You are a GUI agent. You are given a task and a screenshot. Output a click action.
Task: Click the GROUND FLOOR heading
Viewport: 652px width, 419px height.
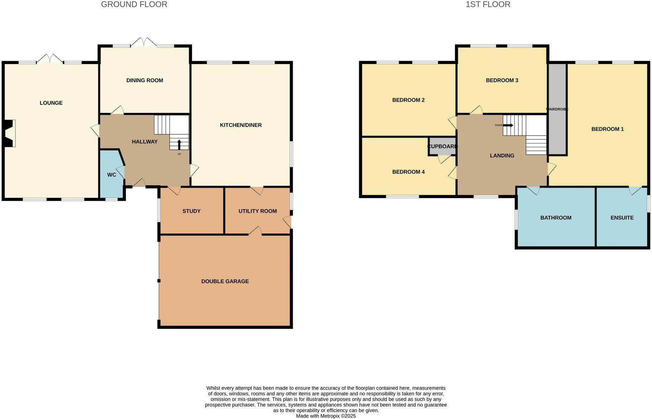click(x=134, y=5)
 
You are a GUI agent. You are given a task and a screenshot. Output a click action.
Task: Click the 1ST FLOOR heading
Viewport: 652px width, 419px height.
click(x=488, y=5)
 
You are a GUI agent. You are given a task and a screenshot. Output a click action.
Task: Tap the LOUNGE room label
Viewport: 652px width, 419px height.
click(x=51, y=103)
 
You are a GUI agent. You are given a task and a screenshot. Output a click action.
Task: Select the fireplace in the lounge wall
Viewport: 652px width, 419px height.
click(x=10, y=133)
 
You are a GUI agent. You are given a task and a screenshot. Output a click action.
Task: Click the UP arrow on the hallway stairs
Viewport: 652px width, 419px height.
click(x=179, y=144)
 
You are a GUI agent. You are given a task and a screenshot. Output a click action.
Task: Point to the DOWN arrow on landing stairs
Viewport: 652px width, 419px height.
click(x=508, y=125)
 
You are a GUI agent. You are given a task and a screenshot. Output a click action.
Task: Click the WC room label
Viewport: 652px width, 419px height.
click(x=112, y=175)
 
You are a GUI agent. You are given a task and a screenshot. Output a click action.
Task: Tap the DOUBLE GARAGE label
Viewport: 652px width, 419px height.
click(x=225, y=281)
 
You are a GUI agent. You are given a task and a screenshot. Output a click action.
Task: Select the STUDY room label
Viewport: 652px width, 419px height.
click(x=191, y=211)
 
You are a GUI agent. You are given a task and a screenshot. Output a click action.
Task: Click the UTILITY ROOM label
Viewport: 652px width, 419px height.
click(x=257, y=211)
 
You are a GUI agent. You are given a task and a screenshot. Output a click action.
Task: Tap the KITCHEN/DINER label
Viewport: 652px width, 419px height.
click(x=241, y=125)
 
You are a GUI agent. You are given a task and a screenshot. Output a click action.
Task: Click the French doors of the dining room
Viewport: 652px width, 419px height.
click(x=143, y=42)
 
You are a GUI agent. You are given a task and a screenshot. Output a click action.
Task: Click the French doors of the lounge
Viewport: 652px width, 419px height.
click(x=50, y=59)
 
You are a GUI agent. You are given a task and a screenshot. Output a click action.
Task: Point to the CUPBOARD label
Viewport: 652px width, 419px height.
click(x=442, y=147)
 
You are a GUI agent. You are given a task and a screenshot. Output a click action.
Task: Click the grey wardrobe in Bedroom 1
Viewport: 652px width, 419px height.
click(x=557, y=129)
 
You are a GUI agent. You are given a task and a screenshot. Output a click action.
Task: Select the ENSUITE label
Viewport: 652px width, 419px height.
click(x=622, y=218)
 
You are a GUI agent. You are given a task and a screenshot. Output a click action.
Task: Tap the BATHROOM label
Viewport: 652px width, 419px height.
click(x=555, y=218)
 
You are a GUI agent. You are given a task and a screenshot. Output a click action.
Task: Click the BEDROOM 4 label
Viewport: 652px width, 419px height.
click(x=408, y=172)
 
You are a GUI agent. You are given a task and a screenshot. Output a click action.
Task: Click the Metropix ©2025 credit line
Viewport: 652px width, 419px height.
click(x=326, y=416)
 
